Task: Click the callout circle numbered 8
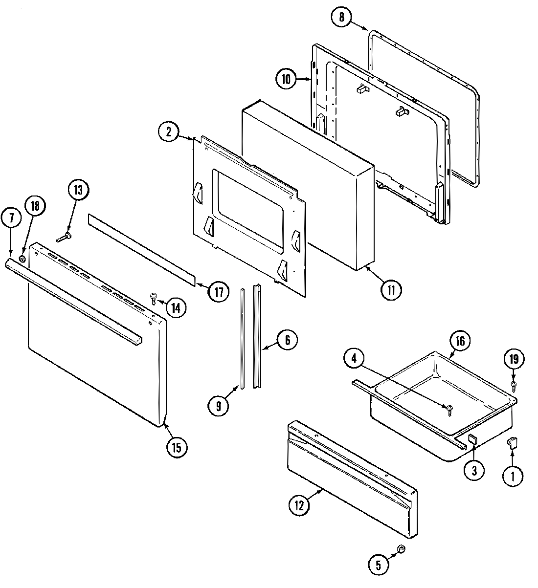click(341, 18)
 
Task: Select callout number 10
click(286, 79)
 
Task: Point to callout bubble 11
click(392, 289)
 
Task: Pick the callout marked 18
click(35, 206)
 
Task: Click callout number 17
click(219, 292)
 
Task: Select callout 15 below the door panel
click(177, 446)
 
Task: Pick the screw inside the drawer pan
click(449, 409)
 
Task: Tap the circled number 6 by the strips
click(287, 340)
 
